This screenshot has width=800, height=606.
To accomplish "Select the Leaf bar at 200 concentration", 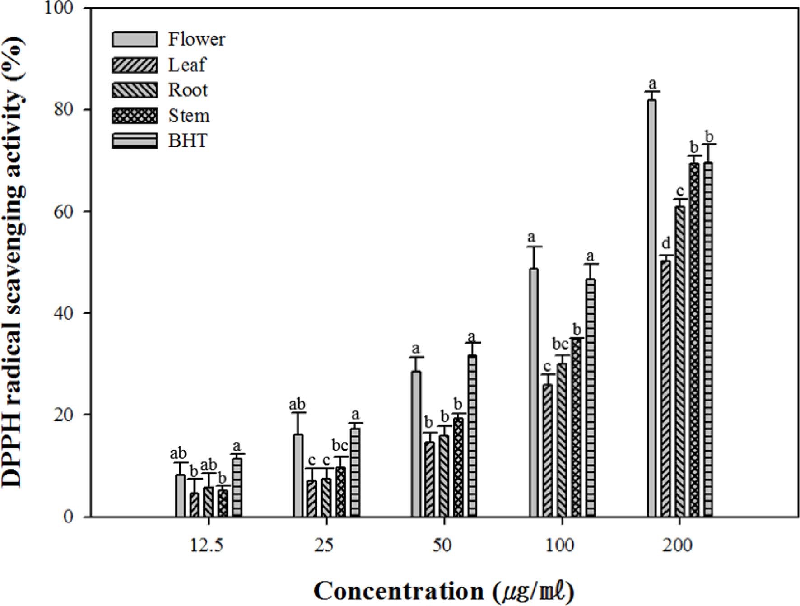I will [x=665, y=388].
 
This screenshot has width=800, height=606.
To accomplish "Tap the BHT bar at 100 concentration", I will [x=591, y=397].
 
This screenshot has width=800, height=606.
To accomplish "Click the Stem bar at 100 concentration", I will [x=577, y=427].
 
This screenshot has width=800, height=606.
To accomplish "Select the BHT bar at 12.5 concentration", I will [x=237, y=487].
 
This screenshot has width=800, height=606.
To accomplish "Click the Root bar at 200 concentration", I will [x=679, y=361].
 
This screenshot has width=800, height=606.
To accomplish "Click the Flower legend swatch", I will [x=135, y=39].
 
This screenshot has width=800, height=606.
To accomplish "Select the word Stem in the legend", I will [x=189, y=116].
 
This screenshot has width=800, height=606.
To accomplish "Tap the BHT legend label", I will [x=188, y=141].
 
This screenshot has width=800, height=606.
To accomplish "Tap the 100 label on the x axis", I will [x=560, y=545].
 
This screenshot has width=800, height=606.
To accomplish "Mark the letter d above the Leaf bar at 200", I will [x=665, y=244].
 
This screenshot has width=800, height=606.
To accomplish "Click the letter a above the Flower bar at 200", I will [x=651, y=84].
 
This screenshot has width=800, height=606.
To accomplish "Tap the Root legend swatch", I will [x=135, y=90].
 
